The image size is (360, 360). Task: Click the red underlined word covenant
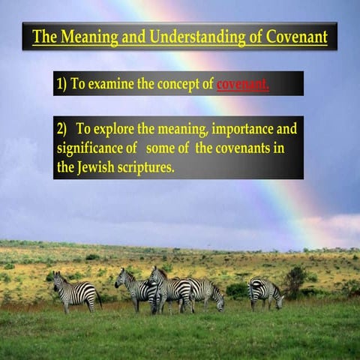241,84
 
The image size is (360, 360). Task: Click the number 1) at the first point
61,84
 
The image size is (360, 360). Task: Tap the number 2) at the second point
63,128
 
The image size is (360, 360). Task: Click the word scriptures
148,167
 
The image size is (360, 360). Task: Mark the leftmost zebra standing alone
75,292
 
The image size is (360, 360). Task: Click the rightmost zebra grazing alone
265,292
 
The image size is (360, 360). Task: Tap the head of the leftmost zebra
57,280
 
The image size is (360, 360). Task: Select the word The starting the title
45,36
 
